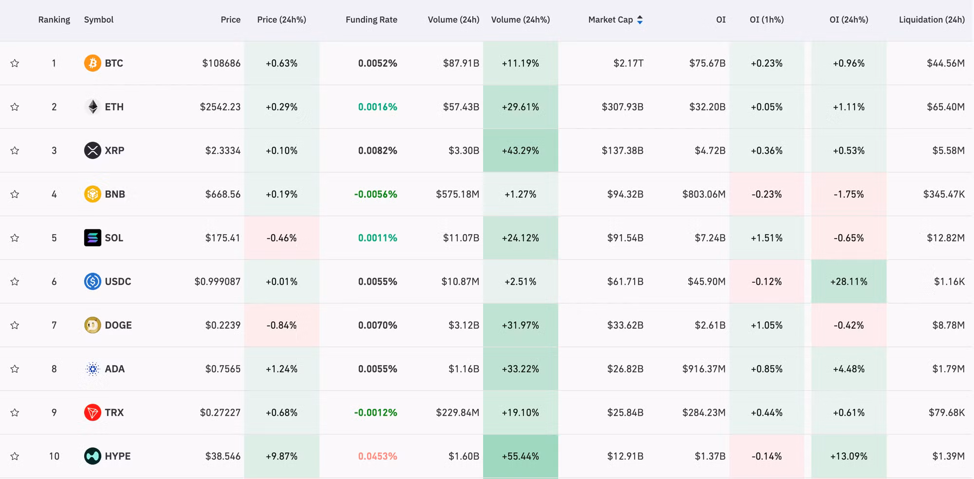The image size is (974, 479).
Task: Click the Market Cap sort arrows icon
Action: tap(640, 20)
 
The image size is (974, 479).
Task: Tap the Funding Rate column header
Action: tap(371, 20)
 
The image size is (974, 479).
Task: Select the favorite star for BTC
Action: tap(15, 63)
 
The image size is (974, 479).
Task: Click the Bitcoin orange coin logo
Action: tap(93, 63)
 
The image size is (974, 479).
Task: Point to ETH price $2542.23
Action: tap(220, 107)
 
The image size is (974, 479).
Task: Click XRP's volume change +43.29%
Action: tap(520, 151)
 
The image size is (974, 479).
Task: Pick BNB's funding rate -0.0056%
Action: tap(375, 194)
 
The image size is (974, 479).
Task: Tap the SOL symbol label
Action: tap(114, 238)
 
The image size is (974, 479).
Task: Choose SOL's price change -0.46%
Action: tap(281, 238)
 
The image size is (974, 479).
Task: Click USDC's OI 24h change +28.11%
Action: tap(849, 282)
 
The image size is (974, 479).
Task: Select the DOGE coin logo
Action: tap(93, 325)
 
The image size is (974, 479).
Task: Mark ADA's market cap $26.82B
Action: tap(625, 369)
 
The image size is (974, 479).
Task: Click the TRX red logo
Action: tap(93, 413)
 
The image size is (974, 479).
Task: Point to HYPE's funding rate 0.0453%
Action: tap(377, 457)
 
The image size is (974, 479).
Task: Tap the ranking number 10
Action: tap(54, 457)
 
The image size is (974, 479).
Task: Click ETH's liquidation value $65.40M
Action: tap(945, 107)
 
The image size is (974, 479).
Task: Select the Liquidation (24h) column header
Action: tap(932, 20)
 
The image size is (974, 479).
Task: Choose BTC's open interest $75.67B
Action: tap(707, 63)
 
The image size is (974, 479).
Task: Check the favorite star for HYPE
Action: tap(15, 457)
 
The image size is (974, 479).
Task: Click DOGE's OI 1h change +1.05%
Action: tap(767, 325)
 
